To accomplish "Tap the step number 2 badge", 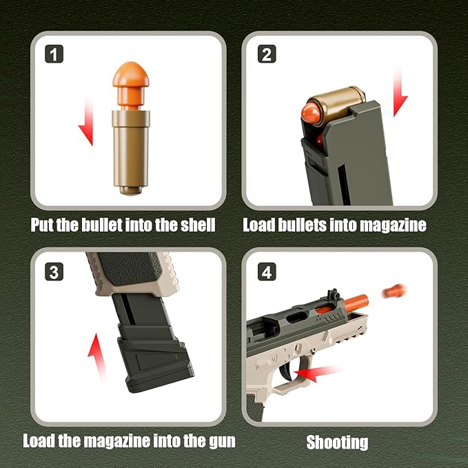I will tap(267, 54).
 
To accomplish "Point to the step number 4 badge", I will tap(267, 271).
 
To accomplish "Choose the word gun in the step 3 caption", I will tap(218, 440).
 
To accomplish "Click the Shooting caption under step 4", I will tap(337, 442).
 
